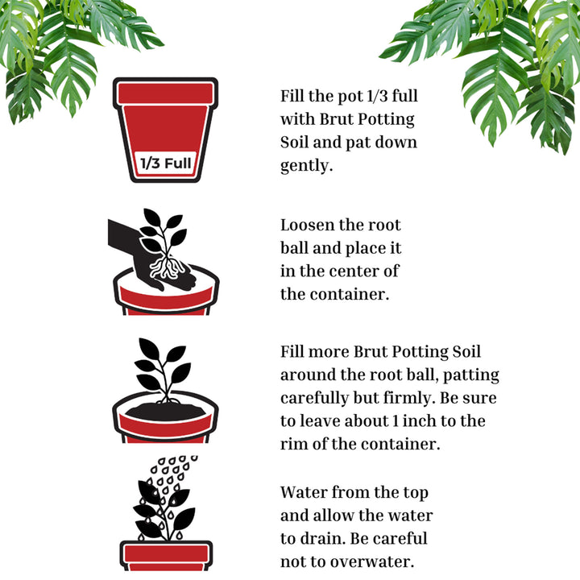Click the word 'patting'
471,375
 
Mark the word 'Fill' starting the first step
294,97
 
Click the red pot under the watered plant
166,556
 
